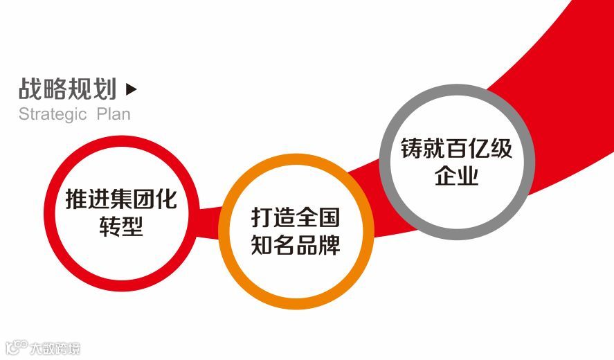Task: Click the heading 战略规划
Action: click(67, 89)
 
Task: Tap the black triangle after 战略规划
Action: click(132, 89)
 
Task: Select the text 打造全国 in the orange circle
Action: click(296, 218)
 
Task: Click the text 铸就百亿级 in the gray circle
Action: click(457, 149)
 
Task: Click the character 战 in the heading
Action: click(30, 89)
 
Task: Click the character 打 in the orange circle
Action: click(262, 218)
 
